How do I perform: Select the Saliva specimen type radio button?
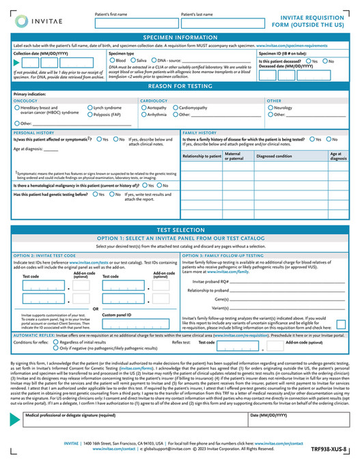pos(135,60)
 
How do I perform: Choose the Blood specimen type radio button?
pos(112,60)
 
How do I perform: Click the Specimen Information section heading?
pos(180,37)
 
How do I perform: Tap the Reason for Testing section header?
pos(180,87)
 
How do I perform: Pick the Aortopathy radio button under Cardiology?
pos(143,107)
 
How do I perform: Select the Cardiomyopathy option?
pos(176,107)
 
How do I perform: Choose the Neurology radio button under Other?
pos(271,107)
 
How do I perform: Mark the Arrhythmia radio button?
pos(143,114)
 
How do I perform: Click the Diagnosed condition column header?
pos(275,156)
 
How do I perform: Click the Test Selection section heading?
pos(180,231)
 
